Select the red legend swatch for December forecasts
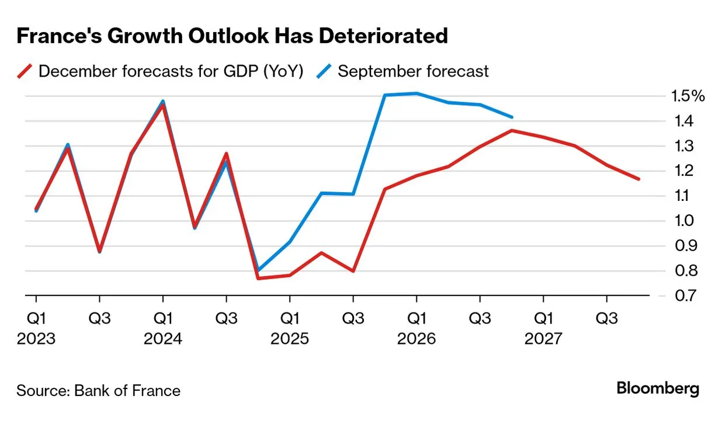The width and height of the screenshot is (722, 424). (x=25, y=71)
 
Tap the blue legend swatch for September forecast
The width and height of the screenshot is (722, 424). (x=324, y=71)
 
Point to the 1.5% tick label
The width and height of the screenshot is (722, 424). (x=689, y=96)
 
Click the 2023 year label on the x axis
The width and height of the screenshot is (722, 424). (x=36, y=339)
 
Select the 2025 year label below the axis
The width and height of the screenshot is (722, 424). (x=290, y=339)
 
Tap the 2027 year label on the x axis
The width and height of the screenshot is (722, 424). (x=543, y=339)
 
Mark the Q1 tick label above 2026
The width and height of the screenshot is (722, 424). (x=416, y=318)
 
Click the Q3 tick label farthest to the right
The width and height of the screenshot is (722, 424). (x=607, y=318)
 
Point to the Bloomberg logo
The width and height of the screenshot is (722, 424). (x=658, y=388)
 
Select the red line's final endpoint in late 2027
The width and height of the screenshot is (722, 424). (x=638, y=179)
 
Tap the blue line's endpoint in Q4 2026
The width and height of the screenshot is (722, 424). (x=512, y=117)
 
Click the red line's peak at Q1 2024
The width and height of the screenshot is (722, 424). (x=163, y=104)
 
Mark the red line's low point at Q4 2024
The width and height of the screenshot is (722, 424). (x=258, y=278)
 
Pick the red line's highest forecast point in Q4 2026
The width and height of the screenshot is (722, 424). (x=512, y=130)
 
